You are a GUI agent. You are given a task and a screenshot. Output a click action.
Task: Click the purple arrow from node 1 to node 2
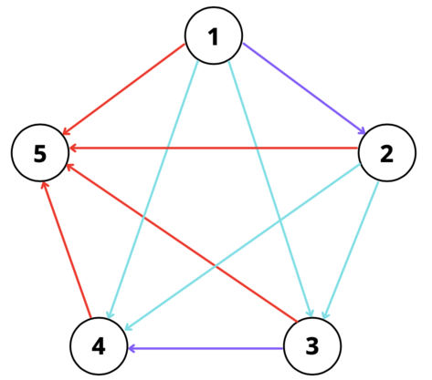pyautogui.click(x=304, y=88)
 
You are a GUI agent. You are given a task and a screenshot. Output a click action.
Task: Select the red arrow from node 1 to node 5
pyautogui.click(x=123, y=89)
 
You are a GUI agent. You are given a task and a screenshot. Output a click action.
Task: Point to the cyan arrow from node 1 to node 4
pyautogui.click(x=153, y=190)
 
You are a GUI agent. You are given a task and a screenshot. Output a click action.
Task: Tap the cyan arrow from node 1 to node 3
pyautogui.click(x=270, y=189)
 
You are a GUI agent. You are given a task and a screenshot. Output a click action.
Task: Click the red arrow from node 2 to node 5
pyautogui.click(x=214, y=149)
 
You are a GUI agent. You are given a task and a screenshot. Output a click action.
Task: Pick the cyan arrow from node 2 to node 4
pyautogui.click(x=243, y=247)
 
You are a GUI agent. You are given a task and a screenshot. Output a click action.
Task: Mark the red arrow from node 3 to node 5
pyautogui.click(x=182, y=242)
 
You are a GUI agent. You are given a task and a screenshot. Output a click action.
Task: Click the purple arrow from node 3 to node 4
pyautogui.click(x=205, y=348)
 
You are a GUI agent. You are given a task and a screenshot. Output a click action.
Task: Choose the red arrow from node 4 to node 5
pyautogui.click(x=67, y=250)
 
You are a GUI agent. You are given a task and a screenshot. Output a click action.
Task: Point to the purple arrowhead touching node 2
pyautogui.click(x=361, y=130)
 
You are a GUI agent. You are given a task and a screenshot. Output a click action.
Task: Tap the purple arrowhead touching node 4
pyautogui.click(x=132, y=348)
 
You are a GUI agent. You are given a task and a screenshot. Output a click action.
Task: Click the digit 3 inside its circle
pyautogui.click(x=312, y=346)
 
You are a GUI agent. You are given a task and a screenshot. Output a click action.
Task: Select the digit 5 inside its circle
pyautogui.click(x=40, y=153)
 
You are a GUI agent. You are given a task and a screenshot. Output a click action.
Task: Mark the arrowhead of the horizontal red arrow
pyautogui.click(x=73, y=149)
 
